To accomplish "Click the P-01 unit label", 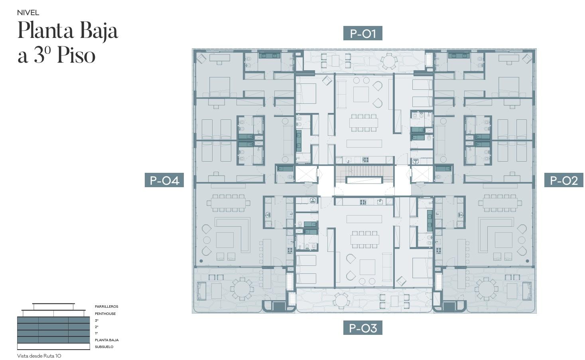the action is pos(362,33).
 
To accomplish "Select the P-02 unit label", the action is pos(563,180).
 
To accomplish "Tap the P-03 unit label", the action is pos(362,328).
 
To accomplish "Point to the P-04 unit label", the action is pos(164,180).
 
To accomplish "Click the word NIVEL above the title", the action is pos(28,12).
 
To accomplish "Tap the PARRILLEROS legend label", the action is pos(106,307).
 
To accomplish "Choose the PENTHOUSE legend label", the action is pos(105,314).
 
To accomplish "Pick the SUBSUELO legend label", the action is pos(104,347).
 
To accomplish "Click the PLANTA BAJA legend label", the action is pos(107,340).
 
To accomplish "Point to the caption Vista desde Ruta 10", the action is pos(39,356).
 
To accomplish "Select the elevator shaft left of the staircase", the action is pos(306,174).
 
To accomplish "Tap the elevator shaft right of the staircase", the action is pos(422,174).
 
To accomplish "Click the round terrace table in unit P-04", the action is pos(242,289).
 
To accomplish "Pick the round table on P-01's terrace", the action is pos(389,61).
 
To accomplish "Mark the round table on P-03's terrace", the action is pos(341,301).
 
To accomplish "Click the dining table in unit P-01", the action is pos(364,123).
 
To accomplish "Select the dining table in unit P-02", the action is pos(500,203).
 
